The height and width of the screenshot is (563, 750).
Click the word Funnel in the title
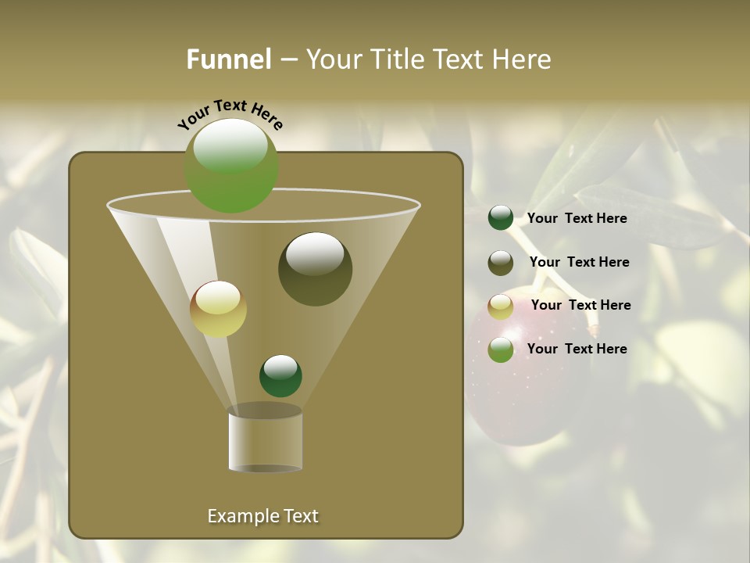[x=228, y=59]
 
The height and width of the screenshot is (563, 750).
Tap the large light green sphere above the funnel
[x=231, y=165]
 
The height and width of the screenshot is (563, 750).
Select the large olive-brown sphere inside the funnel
[x=315, y=269]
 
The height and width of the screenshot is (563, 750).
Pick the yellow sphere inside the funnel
[x=218, y=309]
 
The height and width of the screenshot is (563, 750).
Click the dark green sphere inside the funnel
[x=280, y=375]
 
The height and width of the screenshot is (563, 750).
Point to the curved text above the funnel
[x=230, y=113]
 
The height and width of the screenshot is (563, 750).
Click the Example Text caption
[x=262, y=516]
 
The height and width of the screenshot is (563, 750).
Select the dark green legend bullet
[x=501, y=218]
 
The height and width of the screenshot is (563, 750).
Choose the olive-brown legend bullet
[x=501, y=263]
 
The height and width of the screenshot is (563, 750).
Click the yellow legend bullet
[x=501, y=307]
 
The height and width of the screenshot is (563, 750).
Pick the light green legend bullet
[x=501, y=350]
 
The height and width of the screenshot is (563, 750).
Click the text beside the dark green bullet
[x=577, y=218]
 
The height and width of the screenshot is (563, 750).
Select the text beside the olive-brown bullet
[x=579, y=262]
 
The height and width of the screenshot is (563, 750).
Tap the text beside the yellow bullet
[x=580, y=305]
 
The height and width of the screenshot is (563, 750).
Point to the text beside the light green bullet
[x=577, y=349]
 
